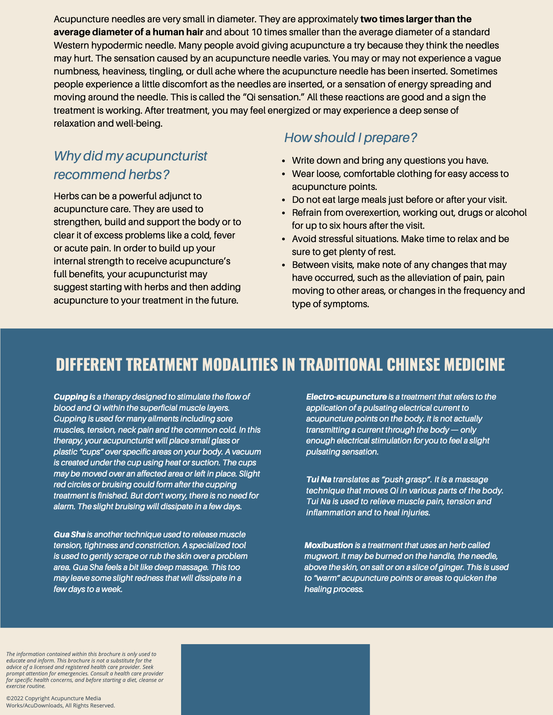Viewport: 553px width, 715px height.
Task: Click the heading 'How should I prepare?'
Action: (x=350, y=137)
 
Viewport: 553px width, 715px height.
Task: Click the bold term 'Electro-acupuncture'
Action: (x=346, y=397)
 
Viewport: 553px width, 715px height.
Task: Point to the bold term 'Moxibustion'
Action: (x=328, y=545)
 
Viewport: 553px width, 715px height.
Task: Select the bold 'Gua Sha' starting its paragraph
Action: (x=69, y=534)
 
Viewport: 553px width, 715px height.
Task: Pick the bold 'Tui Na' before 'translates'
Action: (x=318, y=479)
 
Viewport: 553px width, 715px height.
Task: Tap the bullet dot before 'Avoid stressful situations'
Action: (x=284, y=239)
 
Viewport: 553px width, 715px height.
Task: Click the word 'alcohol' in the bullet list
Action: (x=511, y=213)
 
